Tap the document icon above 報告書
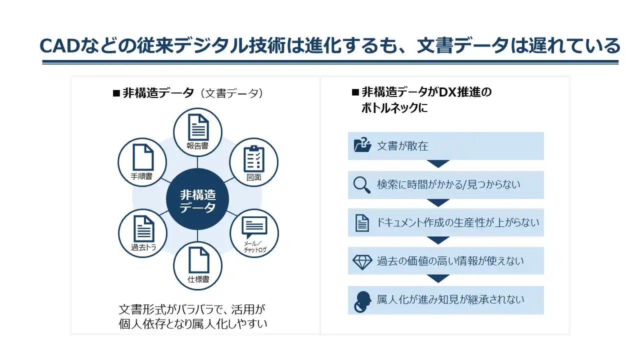(x=198, y=127)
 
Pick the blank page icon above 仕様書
(x=198, y=260)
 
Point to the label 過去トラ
(x=143, y=247)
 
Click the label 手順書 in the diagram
(x=142, y=176)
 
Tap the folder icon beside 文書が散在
(x=362, y=145)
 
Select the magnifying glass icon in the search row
(x=361, y=185)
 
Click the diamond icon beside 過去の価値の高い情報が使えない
(x=362, y=261)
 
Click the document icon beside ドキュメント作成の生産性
(x=362, y=223)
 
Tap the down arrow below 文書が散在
(x=438, y=164)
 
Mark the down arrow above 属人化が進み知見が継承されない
(x=438, y=278)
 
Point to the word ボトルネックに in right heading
(x=394, y=108)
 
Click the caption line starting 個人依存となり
(x=193, y=323)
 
